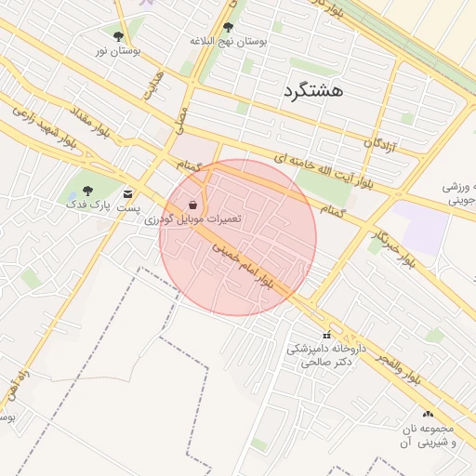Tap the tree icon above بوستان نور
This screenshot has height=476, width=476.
point(118,36)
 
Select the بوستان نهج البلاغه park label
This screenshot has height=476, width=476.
point(228,42)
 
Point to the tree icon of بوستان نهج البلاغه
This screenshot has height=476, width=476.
point(229,28)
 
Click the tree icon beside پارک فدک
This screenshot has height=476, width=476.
point(87,191)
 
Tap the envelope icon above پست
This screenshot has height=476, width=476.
point(128,194)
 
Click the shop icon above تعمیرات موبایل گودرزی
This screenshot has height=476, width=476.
point(192,204)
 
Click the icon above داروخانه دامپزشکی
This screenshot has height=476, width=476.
point(325,335)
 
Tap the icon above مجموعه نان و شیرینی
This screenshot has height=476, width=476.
point(428,414)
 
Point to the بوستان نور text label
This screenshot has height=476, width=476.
point(118,50)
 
